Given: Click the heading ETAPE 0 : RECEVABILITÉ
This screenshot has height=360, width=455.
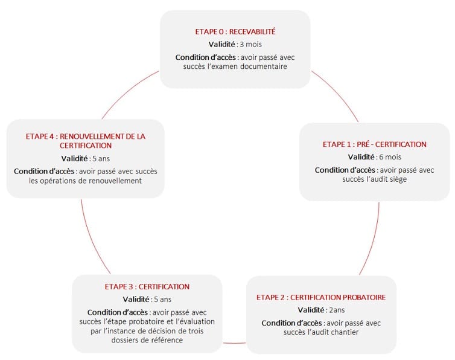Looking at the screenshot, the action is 235,31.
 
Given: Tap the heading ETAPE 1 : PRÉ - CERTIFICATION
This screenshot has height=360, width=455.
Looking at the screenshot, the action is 374,144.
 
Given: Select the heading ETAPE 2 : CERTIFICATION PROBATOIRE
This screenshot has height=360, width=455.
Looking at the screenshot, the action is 321,297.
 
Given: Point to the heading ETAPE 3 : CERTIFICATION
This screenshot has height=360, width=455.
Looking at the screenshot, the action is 147,286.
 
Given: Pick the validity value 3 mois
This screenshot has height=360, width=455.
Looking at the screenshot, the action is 250,44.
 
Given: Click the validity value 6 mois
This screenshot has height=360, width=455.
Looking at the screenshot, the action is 390,157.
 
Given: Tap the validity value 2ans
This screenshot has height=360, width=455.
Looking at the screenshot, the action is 337,310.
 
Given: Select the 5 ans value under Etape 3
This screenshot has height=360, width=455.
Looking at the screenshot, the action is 162,299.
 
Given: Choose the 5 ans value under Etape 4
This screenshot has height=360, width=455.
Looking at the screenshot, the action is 101,159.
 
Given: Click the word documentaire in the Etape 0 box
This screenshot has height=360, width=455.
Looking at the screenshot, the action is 264,66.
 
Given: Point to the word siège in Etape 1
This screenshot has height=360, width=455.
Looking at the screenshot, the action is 398,179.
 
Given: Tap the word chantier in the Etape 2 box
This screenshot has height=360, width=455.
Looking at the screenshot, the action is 344,332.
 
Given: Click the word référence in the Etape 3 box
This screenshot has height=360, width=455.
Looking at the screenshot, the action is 168,340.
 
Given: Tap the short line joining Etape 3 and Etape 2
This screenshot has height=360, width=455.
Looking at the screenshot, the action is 234,343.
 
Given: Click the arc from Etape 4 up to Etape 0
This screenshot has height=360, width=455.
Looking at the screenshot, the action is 128,92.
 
